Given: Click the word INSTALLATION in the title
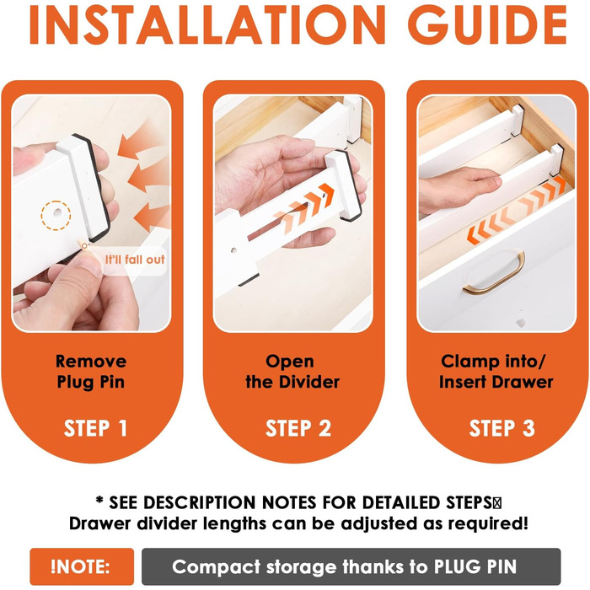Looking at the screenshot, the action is pos(207,24).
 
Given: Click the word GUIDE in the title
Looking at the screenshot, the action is pos(488,24).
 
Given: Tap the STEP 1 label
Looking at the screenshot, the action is pos(95,428).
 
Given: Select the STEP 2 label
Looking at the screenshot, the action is pos(298,428).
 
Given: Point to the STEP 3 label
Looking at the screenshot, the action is pos(502,428).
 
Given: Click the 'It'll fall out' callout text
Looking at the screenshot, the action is pos(135,260).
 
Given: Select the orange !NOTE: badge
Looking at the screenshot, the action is pos(82,566).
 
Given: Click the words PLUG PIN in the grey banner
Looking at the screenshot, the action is pos(475,566).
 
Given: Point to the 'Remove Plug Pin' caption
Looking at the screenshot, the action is pos(91,372).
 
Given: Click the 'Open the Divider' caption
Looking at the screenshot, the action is pos(292,372).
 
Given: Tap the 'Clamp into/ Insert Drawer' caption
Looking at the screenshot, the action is pos(496,372).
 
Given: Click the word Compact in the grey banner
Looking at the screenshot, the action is pos(217,567).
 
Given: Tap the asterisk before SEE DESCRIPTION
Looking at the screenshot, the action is pos(99,500).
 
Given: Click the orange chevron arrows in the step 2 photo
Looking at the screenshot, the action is pos(304,208).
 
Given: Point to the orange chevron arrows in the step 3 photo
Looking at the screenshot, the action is pos(516,211).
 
